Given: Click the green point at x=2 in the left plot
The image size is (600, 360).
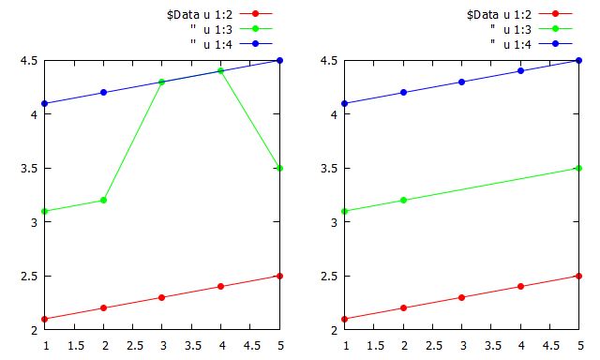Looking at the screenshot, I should tap(104, 201).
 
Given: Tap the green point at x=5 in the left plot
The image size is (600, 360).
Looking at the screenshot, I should tap(279, 168).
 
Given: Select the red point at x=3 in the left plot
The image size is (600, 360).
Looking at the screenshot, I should tap(162, 297).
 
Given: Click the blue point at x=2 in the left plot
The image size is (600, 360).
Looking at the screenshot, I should tap(104, 93).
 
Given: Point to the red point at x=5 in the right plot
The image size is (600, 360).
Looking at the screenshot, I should tap(579, 276).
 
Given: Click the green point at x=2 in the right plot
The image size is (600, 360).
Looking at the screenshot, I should tap(404, 201).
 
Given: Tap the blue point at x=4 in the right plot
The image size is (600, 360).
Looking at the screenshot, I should tap(521, 71).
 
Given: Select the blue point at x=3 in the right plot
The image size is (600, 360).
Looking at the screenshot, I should tap(463, 82).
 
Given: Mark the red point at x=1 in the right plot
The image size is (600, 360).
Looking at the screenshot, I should tap(346, 319).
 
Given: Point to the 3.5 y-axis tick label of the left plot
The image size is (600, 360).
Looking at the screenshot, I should tap(25, 168).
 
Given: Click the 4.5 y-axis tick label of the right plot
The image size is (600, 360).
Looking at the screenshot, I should tap(325, 60).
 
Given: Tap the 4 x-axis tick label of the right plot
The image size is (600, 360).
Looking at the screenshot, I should tap(521, 345).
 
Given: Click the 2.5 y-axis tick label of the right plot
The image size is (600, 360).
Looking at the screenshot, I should tap(325, 276).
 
